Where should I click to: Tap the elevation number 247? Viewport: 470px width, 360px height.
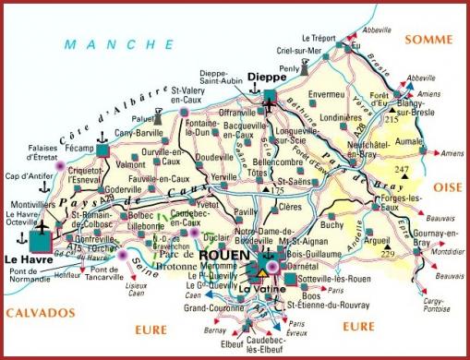pos(401,171)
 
